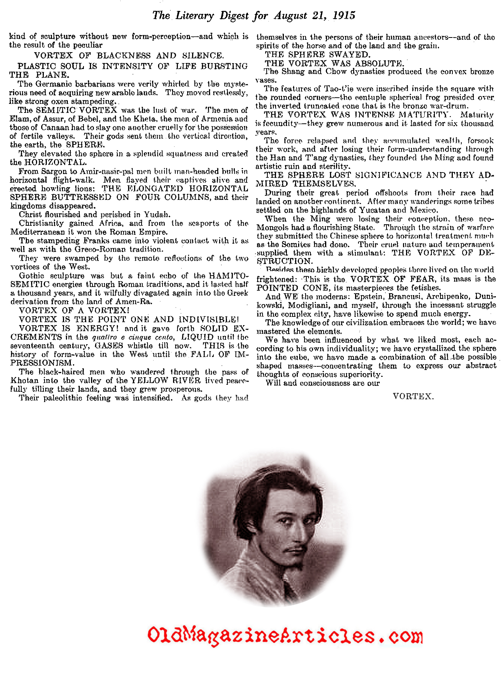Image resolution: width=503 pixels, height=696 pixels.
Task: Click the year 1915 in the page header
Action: (343, 15)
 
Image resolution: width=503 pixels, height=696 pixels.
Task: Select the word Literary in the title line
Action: (194, 15)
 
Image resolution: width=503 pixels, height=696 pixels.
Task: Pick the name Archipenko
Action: (443, 297)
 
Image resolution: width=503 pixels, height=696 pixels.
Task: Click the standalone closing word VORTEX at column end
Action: (413, 396)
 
